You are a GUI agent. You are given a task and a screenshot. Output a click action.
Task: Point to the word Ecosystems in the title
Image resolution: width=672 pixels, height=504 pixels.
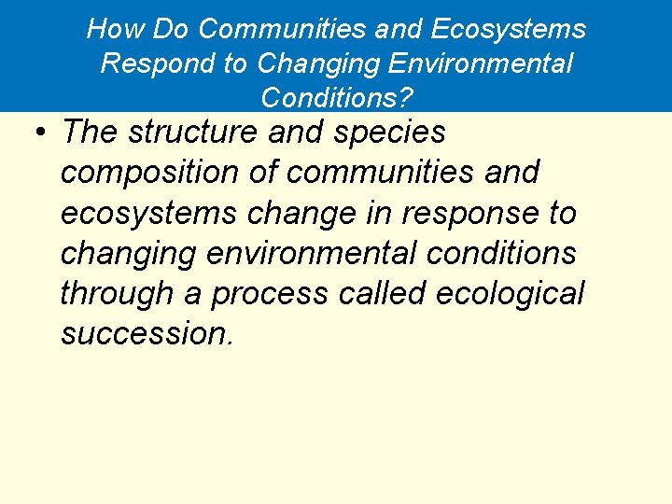(509, 30)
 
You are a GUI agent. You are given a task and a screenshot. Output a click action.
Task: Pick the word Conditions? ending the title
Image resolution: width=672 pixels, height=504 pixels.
(338, 97)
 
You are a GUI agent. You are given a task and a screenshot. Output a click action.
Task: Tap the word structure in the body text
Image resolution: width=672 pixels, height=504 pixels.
(192, 133)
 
